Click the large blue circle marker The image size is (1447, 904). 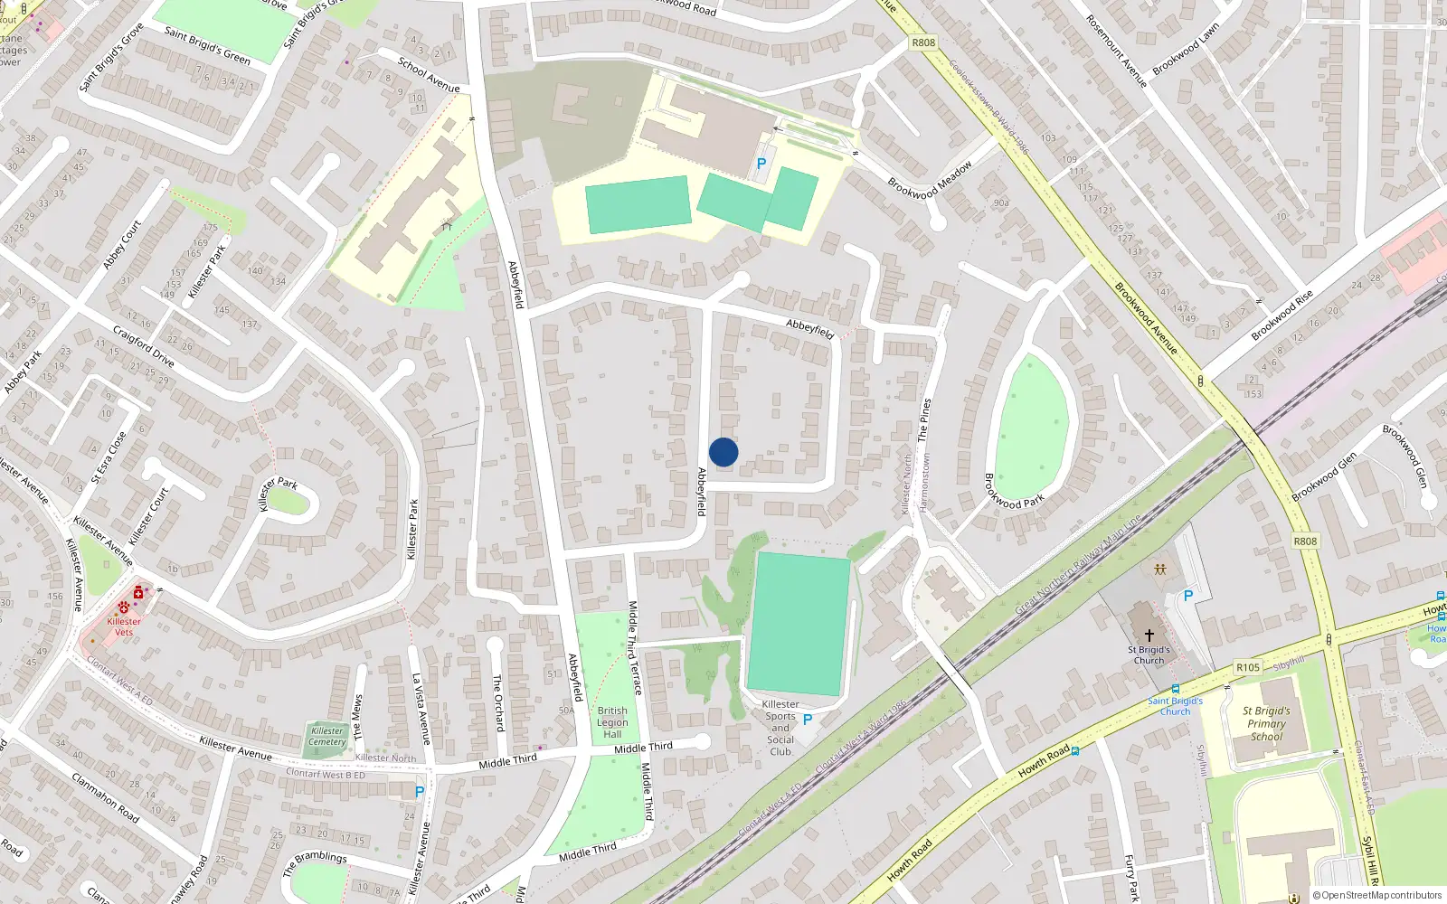click(723, 452)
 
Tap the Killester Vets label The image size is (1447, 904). click(124, 626)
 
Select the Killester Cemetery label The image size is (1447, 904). click(327, 737)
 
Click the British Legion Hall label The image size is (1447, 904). click(612, 722)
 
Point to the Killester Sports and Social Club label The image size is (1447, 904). click(780, 728)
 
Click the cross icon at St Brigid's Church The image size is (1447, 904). click(1149, 636)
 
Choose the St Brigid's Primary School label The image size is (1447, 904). click(1266, 723)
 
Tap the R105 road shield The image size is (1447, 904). click(1248, 667)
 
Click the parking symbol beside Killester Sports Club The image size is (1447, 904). click(808, 720)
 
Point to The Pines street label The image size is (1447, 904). click(923, 419)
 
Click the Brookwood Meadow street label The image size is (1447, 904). click(930, 180)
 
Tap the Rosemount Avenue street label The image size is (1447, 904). click(1116, 51)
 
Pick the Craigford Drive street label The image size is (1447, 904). click(144, 347)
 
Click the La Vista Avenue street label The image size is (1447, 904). click(421, 709)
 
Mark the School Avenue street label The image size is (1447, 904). click(429, 75)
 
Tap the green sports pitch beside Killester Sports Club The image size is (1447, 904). click(798, 624)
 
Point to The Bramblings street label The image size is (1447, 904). click(314, 862)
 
